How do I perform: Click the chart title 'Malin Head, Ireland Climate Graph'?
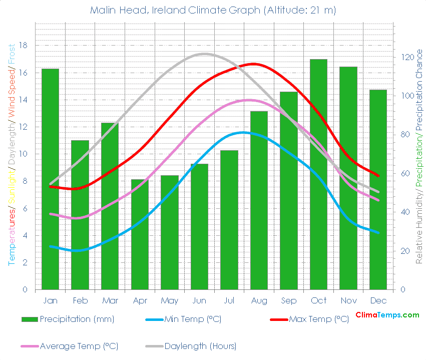click(213, 10)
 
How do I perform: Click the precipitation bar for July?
click(229, 220)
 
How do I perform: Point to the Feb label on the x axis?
click(80, 301)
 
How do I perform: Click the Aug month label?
click(259, 301)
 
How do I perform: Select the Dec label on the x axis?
click(378, 301)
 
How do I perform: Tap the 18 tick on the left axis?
click(23, 46)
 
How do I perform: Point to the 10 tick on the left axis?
click(23, 154)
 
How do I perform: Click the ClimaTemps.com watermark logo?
click(387, 315)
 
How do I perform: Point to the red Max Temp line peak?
click(254, 64)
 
